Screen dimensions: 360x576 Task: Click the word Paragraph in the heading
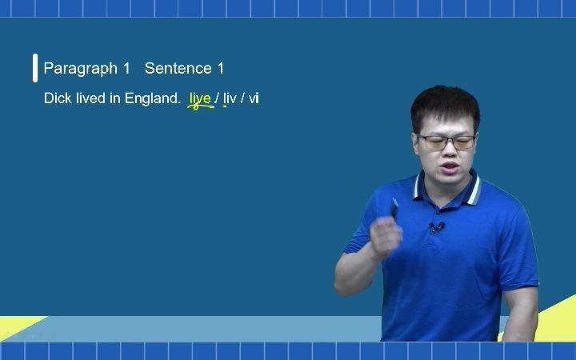pyautogui.click(x=81, y=69)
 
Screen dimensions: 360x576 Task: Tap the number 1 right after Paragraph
pyautogui.click(x=126, y=69)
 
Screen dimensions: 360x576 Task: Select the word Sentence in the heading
pyautogui.click(x=178, y=69)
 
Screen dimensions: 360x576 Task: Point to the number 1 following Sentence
pyautogui.click(x=221, y=69)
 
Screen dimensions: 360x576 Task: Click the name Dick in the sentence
pyautogui.click(x=57, y=99)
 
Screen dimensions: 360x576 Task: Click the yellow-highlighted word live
pyautogui.click(x=200, y=99)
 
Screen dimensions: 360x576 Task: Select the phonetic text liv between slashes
pyautogui.click(x=230, y=99)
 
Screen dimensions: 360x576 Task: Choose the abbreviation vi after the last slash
pyautogui.click(x=254, y=99)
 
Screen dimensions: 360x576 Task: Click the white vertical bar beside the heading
pyautogui.click(x=35, y=69)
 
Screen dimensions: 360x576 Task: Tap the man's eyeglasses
pyautogui.click(x=447, y=142)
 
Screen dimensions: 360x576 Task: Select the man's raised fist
pyautogui.click(x=387, y=236)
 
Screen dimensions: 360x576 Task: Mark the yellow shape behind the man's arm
pyautogui.click(x=552, y=316)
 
